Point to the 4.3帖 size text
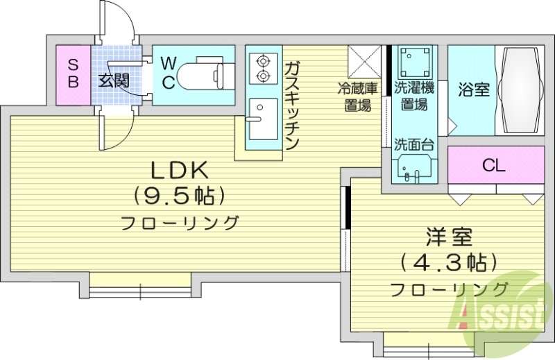(449, 263)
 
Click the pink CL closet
(495, 165)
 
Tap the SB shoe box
(74, 73)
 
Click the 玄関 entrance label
(113, 80)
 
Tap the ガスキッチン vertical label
(291, 105)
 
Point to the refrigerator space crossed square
(362, 61)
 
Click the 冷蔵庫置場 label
(357, 97)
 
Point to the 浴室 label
(474, 90)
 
